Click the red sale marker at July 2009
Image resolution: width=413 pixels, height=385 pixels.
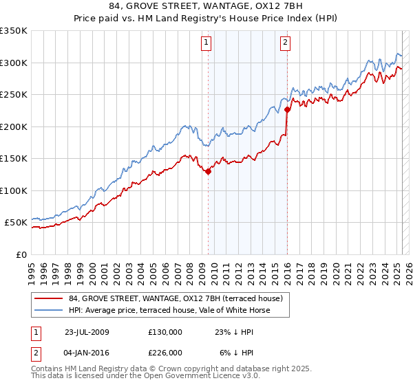tap(208, 172)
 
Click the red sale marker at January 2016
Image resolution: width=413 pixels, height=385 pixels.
tap(287, 109)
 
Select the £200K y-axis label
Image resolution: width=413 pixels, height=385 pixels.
tap(14, 126)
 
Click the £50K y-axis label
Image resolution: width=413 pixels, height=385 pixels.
tap(17, 223)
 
